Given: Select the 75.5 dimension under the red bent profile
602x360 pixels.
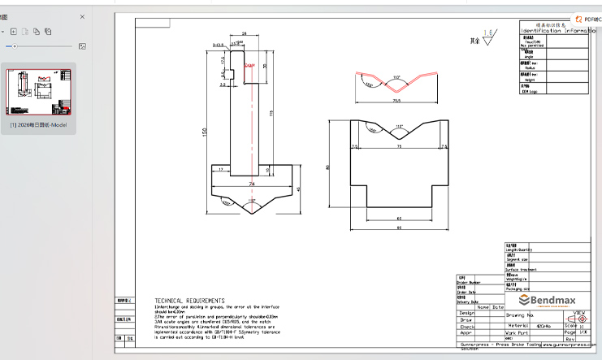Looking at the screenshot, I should click(397, 102).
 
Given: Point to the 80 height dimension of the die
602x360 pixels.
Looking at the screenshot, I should click(328, 168).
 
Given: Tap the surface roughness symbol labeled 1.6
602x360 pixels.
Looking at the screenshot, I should click(487, 35).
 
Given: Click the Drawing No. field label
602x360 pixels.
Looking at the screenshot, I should click(519, 314).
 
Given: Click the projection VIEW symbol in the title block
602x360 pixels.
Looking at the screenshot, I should click(579, 314).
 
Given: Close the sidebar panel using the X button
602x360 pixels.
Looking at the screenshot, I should click(82, 16).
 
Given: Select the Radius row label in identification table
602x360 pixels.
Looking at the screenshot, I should click(529, 68).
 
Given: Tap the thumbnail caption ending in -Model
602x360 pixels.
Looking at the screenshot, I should click(38, 125).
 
